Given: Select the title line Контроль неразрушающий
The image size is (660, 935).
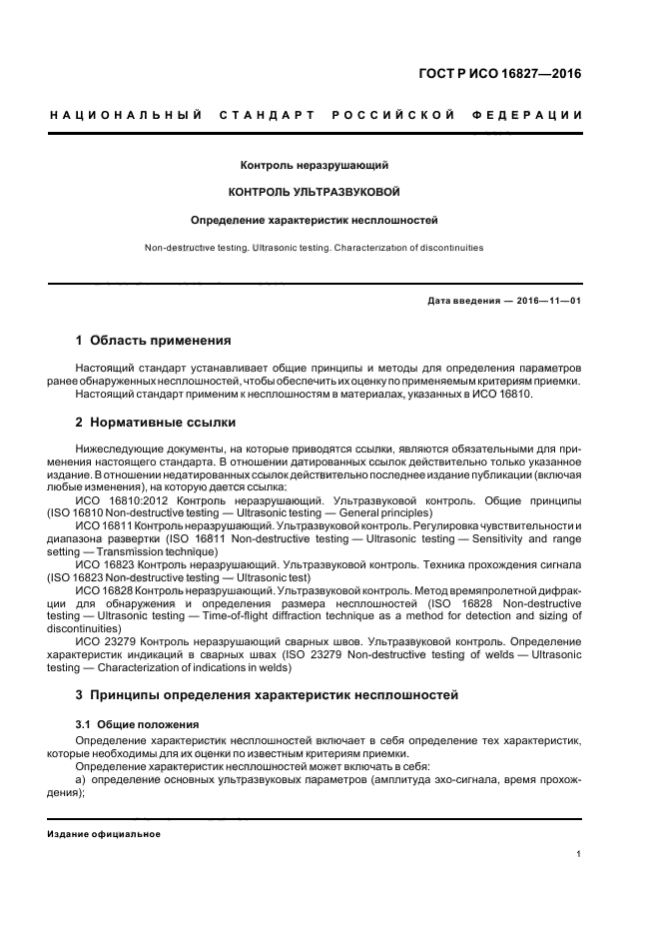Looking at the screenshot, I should point(315,163).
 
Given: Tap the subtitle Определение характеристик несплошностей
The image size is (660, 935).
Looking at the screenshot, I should point(315,218).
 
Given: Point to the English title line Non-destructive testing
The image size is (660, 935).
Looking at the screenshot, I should point(315,247).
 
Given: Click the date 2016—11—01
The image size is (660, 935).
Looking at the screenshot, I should point(547,301).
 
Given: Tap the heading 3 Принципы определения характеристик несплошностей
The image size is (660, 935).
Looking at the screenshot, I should point(267,693).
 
